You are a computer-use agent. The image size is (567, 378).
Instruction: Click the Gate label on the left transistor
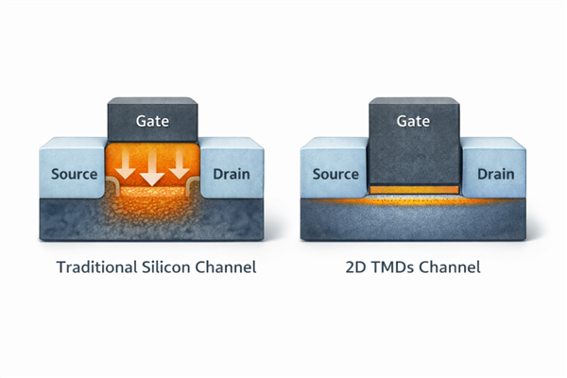click(152, 122)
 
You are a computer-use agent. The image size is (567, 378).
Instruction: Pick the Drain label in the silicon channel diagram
click(232, 174)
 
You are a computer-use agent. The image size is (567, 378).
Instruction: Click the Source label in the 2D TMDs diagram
click(335, 174)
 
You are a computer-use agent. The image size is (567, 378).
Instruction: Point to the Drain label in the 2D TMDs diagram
click(495, 174)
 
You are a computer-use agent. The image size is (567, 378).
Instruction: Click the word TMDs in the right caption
click(397, 267)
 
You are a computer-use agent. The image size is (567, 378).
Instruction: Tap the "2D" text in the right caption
click(358, 267)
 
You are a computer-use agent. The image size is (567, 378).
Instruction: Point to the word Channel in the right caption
click(452, 267)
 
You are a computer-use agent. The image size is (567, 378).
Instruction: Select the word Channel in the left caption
click(224, 267)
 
